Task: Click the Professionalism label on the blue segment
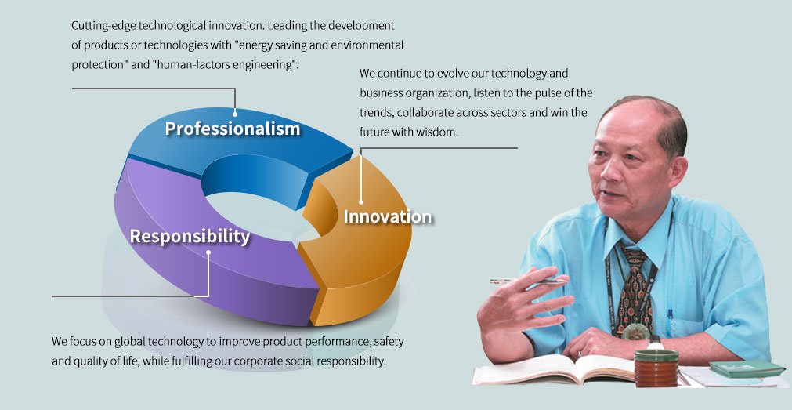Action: pyautogui.click(x=233, y=129)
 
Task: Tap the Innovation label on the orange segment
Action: pyautogui.click(x=388, y=216)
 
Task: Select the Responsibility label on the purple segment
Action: pyautogui.click(x=190, y=236)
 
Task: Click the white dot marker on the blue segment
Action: pyautogui.click(x=235, y=114)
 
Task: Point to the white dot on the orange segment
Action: pyautogui.click(x=361, y=201)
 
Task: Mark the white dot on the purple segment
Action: pyautogui.click(x=208, y=252)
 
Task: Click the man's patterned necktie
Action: pyautogui.click(x=634, y=290)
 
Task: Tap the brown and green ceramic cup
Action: pyautogui.click(x=656, y=367)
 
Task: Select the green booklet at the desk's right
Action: pyautogui.click(x=747, y=368)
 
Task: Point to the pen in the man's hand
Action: pyautogui.click(x=528, y=280)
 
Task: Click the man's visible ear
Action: pyautogui.click(x=678, y=170)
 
